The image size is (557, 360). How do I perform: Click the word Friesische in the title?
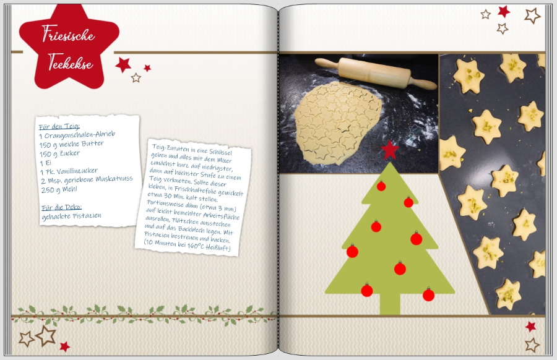tap(68, 34)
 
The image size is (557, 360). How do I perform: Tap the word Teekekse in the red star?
tap(71, 62)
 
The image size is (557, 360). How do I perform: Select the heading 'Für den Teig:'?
tap(59, 126)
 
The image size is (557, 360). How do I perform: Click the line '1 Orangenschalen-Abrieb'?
tap(77, 135)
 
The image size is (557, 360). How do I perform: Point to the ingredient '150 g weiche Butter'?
tap(71, 144)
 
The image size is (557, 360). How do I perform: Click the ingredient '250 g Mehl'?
tap(59, 189)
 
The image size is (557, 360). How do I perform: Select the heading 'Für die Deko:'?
tap(61, 207)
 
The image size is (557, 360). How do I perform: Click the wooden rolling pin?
tap(376, 73)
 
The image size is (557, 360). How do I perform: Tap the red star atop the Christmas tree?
tap(390, 150)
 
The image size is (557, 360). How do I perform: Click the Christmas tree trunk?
tap(390, 304)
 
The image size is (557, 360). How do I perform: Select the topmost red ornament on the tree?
tap(381, 186)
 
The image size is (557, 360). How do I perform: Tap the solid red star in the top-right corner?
tap(504, 11)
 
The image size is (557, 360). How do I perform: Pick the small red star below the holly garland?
tap(64, 346)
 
